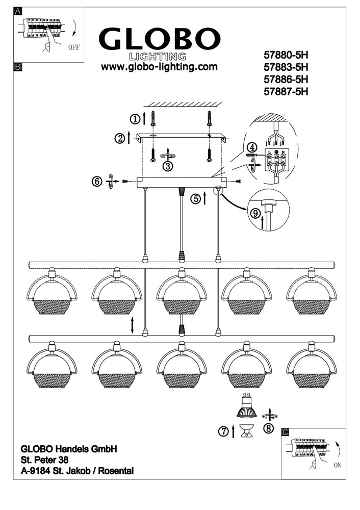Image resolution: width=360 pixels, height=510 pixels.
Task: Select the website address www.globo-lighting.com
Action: click(159, 67)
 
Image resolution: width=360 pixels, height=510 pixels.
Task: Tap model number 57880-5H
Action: click(286, 55)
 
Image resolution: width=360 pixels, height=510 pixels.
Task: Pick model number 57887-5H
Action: click(286, 92)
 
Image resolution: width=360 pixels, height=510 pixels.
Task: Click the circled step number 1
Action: click(135, 119)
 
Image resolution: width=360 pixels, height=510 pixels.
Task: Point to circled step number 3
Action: click(168, 166)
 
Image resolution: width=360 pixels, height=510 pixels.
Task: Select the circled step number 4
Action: click(251, 147)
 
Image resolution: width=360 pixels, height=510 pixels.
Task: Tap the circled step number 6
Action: click(97, 181)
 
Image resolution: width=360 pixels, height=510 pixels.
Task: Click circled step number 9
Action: click(255, 213)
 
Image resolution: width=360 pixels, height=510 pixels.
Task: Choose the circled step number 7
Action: click(224, 431)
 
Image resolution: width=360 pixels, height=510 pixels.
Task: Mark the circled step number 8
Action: click(269, 428)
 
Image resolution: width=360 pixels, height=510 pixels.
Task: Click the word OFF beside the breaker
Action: click(74, 47)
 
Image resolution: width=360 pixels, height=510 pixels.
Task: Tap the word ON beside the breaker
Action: click(338, 466)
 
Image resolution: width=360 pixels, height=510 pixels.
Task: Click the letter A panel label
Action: click(17, 11)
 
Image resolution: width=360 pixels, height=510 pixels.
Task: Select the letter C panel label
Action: click(285, 432)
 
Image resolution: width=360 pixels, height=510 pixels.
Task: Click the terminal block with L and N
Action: click(276, 160)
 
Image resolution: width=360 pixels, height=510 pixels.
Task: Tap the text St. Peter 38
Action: click(44, 460)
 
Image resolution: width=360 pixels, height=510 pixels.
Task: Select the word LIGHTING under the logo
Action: click(158, 57)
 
